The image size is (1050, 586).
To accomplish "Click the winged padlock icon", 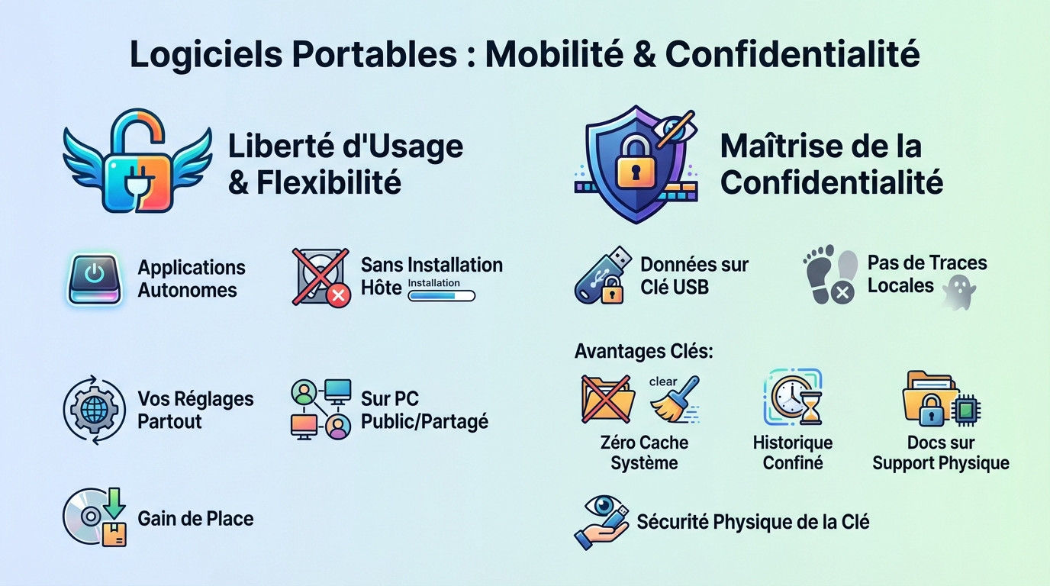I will [137, 161].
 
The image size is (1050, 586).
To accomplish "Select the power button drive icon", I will [94, 280].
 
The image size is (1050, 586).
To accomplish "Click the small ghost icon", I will [959, 293].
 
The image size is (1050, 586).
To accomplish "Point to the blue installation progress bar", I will [441, 295].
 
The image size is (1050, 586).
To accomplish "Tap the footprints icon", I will [830, 274].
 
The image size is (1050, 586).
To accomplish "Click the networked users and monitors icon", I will [321, 410].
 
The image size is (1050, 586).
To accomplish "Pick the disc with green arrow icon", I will [94, 518].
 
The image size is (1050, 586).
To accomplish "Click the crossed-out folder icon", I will [607, 398].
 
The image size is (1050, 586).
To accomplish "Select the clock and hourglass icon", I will [793, 398].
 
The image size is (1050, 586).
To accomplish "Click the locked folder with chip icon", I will [940, 399].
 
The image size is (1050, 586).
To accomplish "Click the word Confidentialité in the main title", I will [792, 54].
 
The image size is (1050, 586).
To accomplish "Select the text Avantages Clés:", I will [643, 352].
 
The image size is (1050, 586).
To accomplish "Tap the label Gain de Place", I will [195, 519].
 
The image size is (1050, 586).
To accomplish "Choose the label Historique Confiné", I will [793, 452].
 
